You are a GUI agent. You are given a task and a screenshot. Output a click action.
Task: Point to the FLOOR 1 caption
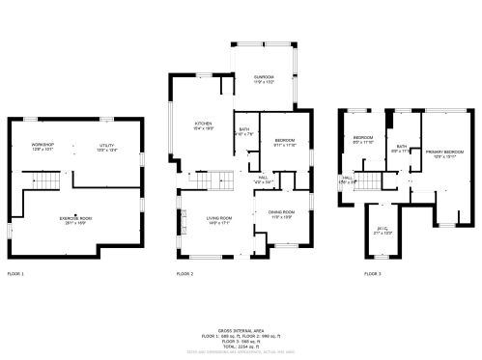(15, 274)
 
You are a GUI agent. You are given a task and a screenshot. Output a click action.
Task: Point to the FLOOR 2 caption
(184, 274)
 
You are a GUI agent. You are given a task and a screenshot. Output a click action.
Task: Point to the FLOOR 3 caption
(372, 274)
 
